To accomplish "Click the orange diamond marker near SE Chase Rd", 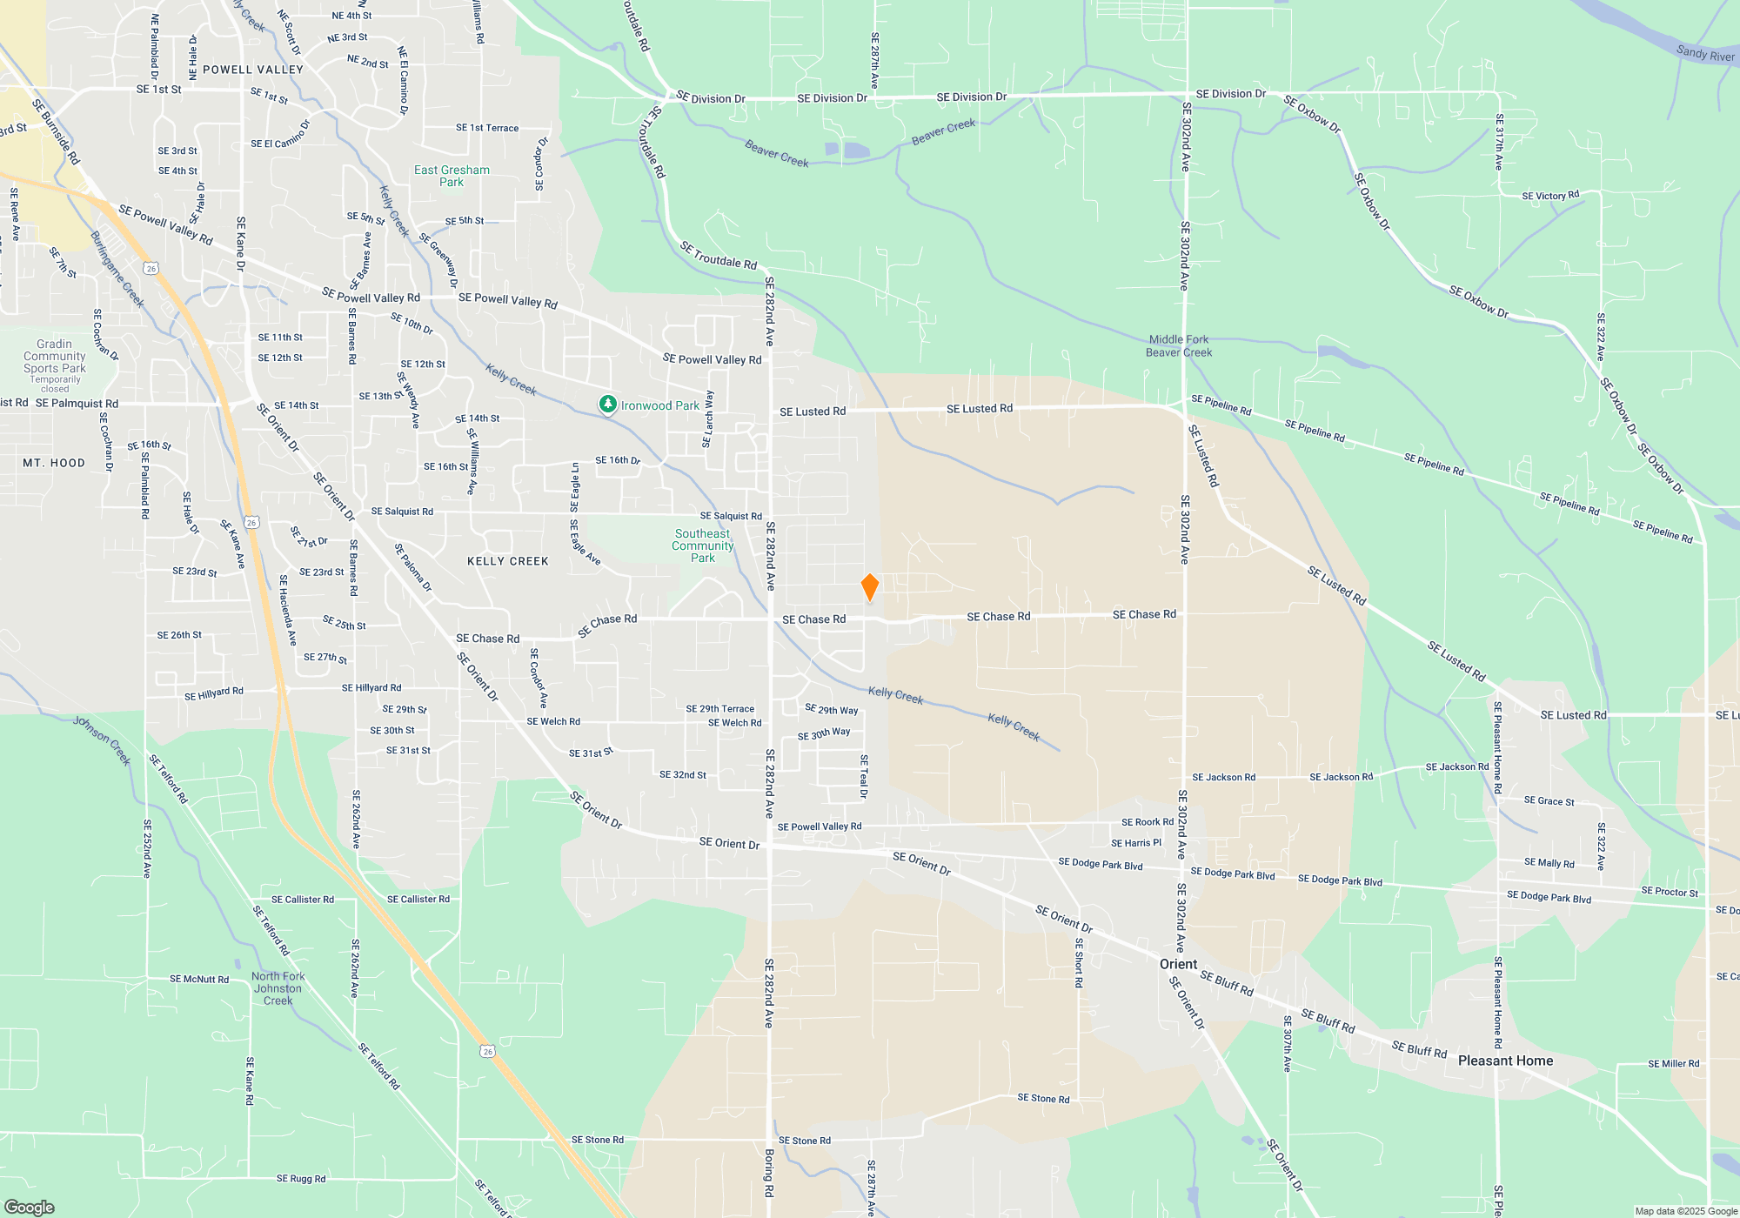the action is click(869, 587).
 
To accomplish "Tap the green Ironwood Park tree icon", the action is click(608, 405).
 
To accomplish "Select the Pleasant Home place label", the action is click(1505, 1061).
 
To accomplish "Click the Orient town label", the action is click(1178, 964).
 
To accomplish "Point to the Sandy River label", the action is click(1705, 54).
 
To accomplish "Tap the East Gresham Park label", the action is click(452, 176).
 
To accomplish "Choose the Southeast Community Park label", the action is click(702, 545).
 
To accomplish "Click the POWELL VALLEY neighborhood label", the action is click(253, 70).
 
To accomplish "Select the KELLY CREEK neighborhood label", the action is click(508, 561).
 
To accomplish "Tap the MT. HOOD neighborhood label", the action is click(54, 463).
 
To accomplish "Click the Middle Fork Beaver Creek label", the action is click(1179, 346).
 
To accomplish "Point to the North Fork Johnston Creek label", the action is click(278, 988).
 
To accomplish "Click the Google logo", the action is click(29, 1207).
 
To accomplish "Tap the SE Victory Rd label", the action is click(1550, 196).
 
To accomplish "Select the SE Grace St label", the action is click(1549, 801).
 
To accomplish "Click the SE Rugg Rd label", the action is click(301, 1179).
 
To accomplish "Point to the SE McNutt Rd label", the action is click(199, 980).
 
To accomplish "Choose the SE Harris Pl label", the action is click(1136, 843).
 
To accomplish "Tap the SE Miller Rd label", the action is click(1673, 1063).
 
